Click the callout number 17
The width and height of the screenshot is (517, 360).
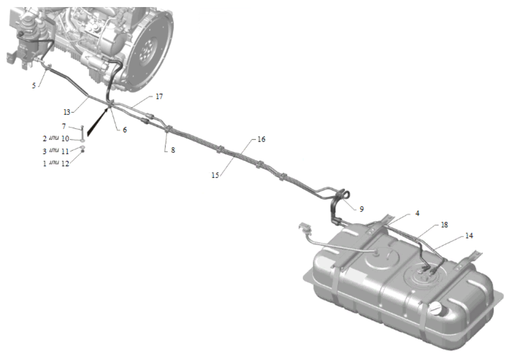coord(159,97)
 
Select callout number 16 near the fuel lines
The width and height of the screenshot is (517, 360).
coord(261,139)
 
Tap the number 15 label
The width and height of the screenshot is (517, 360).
coord(215,175)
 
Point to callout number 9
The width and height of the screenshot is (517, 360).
coord(362,209)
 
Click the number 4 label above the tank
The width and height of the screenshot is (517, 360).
coord(417,214)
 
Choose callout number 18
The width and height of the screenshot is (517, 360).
coord(444,225)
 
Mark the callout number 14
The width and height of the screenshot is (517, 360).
coord(469,236)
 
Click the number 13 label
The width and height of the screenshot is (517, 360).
coord(67,112)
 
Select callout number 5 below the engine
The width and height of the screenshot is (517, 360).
coord(34,86)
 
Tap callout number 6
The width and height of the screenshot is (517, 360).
coord(125,130)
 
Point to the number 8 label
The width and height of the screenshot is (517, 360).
coord(173,150)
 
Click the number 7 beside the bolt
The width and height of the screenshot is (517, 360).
coord(64,126)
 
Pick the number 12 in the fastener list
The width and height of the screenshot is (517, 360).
coord(65,164)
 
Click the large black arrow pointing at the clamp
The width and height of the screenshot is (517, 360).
coord(98,121)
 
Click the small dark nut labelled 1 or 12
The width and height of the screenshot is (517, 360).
coord(83,151)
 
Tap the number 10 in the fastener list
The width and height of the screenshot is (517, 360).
coord(65,139)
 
